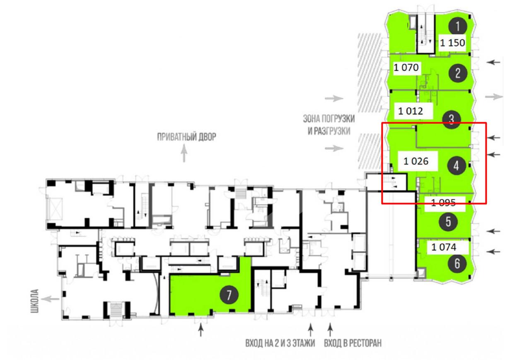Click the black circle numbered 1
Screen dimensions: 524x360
pyautogui.click(x=458, y=26)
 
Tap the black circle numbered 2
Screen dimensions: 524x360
pyautogui.click(x=458, y=73)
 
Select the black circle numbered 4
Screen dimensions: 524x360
pyautogui.click(x=456, y=166)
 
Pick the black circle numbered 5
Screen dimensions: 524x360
pyautogui.click(x=448, y=222)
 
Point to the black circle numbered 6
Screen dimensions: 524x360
pyautogui.click(x=457, y=263)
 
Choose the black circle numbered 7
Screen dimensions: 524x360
pyautogui.click(x=229, y=295)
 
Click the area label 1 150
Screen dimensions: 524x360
pyautogui.click(x=452, y=43)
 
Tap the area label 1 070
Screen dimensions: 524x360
pyautogui.click(x=406, y=68)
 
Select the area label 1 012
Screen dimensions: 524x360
pyautogui.click(x=411, y=111)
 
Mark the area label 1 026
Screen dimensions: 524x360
pyautogui.click(x=416, y=161)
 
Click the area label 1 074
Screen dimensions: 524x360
pyautogui.click(x=444, y=247)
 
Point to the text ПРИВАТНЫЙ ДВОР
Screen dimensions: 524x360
pyautogui.click(x=186, y=137)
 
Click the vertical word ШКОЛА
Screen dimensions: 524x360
pyautogui.click(x=35, y=301)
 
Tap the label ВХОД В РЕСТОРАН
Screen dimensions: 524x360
pyautogui.click(x=353, y=343)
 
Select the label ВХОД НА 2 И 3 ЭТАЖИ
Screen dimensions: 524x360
pyautogui.click(x=280, y=343)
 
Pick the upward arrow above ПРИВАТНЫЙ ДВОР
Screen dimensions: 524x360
pyautogui.click(x=184, y=153)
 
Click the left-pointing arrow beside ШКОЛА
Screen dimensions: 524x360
pyautogui.click(x=50, y=299)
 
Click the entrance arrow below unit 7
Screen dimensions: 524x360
pyautogui.click(x=201, y=329)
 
